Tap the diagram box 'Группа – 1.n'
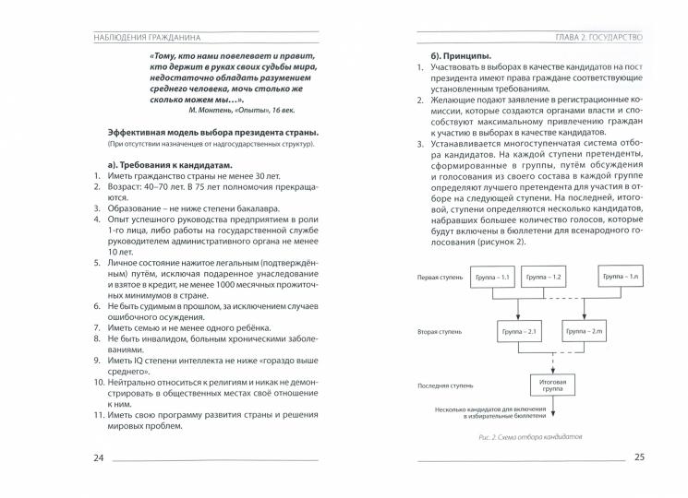click(x=621, y=278)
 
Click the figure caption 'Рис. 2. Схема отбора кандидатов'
click(x=519, y=437)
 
